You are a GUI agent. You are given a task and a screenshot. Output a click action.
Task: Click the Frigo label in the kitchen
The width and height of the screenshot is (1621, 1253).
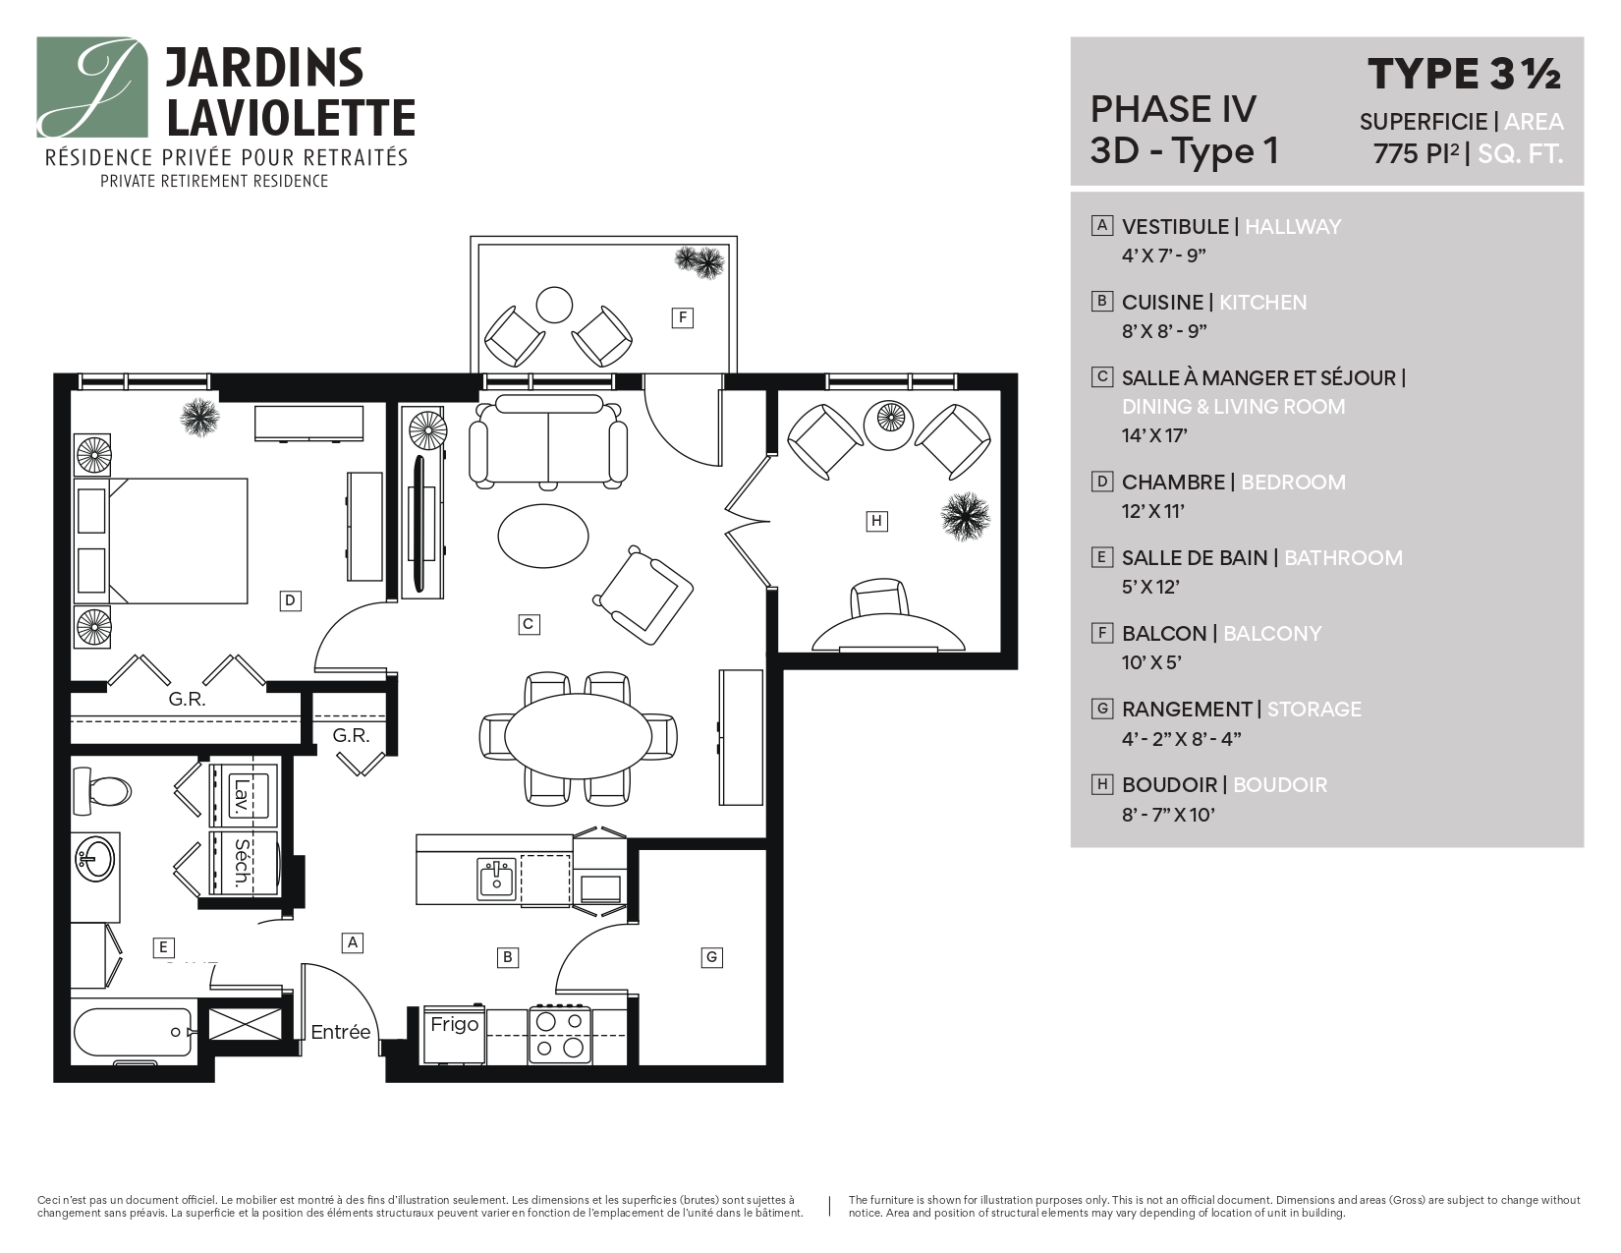coord(454,1024)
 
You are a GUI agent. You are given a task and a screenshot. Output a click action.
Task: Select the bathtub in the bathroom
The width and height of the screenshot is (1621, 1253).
coord(132,1033)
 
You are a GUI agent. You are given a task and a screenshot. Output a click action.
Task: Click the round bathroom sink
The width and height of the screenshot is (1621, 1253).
coord(95,859)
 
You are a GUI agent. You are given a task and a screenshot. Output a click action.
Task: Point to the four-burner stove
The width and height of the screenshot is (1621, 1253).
coord(559,1035)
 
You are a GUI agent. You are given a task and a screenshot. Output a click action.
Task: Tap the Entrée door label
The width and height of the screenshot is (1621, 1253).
coord(341,1032)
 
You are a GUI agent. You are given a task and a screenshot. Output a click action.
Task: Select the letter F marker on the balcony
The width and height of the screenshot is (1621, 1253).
coord(682,317)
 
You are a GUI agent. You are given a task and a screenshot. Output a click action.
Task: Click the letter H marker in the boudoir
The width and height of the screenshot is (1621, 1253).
coord(876,521)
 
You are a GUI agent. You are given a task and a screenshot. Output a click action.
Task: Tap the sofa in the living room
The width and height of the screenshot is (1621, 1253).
coord(547,440)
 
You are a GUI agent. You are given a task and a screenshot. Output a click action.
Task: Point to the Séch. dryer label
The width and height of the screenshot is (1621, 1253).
coord(240,864)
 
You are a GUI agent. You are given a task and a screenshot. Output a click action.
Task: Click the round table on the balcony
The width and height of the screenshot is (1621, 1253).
coord(554,305)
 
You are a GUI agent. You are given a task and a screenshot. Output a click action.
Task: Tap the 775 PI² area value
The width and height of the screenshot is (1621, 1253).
coord(1416,154)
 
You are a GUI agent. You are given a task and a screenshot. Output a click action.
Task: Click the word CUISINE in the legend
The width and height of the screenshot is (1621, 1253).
coord(1162,303)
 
